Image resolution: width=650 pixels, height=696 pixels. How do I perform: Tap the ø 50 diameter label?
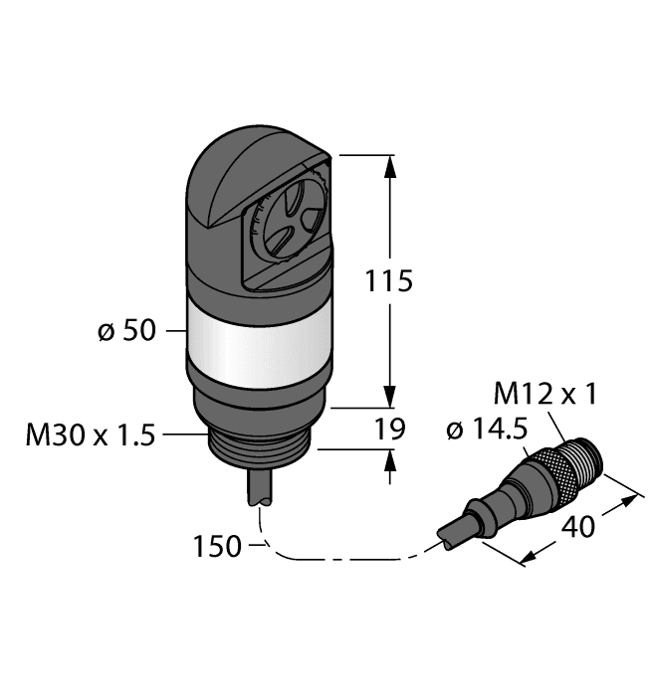[127, 330]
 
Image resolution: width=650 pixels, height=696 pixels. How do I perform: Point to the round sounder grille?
[284, 230]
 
